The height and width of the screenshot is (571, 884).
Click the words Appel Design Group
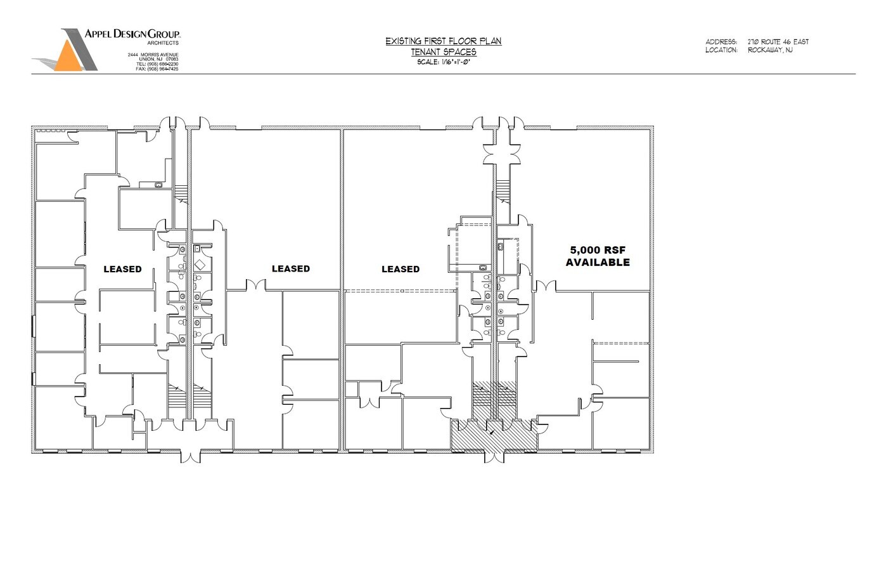click(132, 34)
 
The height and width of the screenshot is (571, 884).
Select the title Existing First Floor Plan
click(444, 41)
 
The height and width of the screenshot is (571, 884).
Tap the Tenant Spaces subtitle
click(444, 52)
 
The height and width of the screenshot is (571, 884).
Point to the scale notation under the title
click(444, 62)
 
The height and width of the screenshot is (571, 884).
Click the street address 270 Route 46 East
click(778, 41)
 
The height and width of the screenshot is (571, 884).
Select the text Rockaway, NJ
click(770, 50)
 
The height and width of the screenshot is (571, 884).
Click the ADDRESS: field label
click(721, 41)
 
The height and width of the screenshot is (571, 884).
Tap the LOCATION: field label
click(721, 50)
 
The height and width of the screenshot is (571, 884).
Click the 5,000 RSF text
click(598, 250)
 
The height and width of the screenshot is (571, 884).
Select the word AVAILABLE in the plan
click(598, 263)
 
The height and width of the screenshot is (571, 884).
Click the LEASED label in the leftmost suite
click(122, 269)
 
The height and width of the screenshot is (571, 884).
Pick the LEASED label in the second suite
click(291, 269)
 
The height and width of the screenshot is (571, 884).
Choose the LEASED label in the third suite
click(400, 269)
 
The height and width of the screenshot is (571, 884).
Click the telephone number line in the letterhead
click(157, 64)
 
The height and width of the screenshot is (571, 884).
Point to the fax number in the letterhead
click(157, 69)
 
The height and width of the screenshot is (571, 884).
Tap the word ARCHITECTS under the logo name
click(163, 43)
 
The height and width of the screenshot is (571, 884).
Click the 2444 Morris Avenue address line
click(153, 55)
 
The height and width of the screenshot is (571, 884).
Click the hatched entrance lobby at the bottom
click(494, 435)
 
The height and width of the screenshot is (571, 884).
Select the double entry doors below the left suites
click(191, 456)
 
